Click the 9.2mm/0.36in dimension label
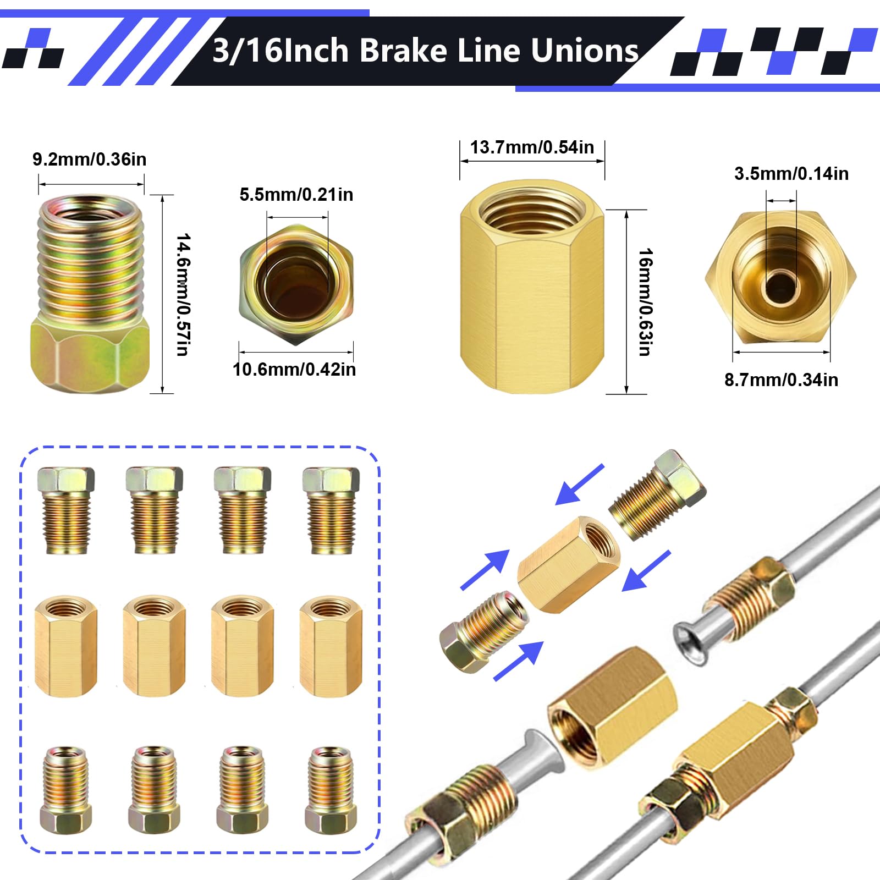89,159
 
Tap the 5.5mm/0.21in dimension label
296,195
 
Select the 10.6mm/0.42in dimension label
294,369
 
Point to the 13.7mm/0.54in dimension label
532,147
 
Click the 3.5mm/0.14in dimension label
791,174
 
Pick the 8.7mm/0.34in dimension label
781,380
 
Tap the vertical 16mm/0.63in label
645,302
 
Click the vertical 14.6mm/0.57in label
183,295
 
